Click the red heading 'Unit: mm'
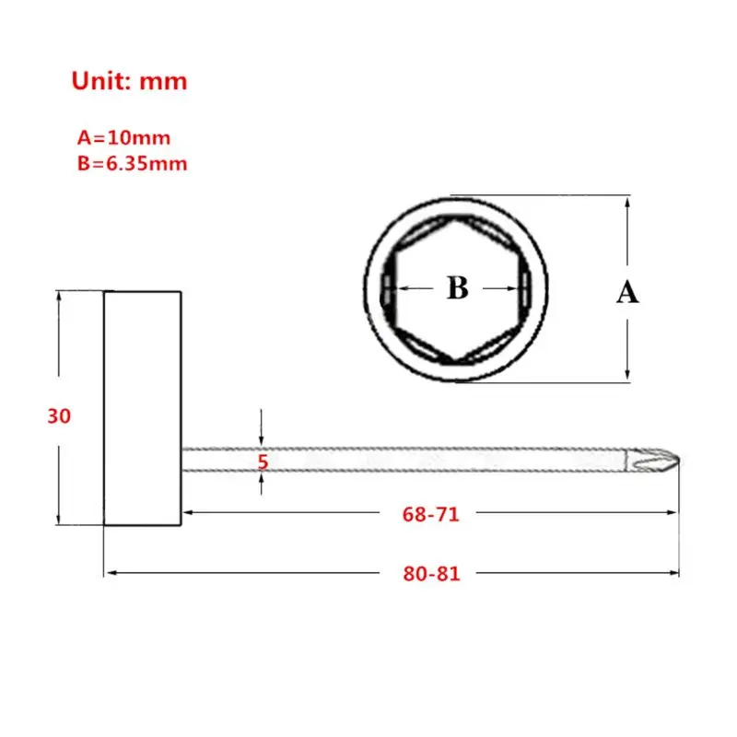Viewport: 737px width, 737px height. coord(129,81)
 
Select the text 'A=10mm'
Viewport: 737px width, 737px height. coord(123,138)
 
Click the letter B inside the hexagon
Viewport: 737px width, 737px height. coord(458,288)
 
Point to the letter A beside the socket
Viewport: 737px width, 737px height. coord(626,293)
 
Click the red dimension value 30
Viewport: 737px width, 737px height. coord(59,416)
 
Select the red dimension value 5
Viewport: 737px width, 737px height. coord(263,462)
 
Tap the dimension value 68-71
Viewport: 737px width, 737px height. coord(430,515)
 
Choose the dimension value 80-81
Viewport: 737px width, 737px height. coord(431,573)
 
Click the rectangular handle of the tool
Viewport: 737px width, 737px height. coord(142,408)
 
